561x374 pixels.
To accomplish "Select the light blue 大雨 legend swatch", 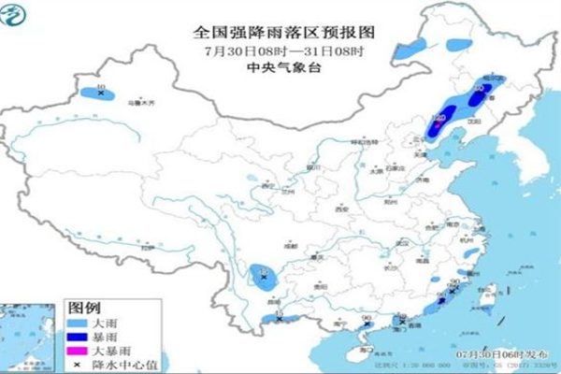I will (75, 324).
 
